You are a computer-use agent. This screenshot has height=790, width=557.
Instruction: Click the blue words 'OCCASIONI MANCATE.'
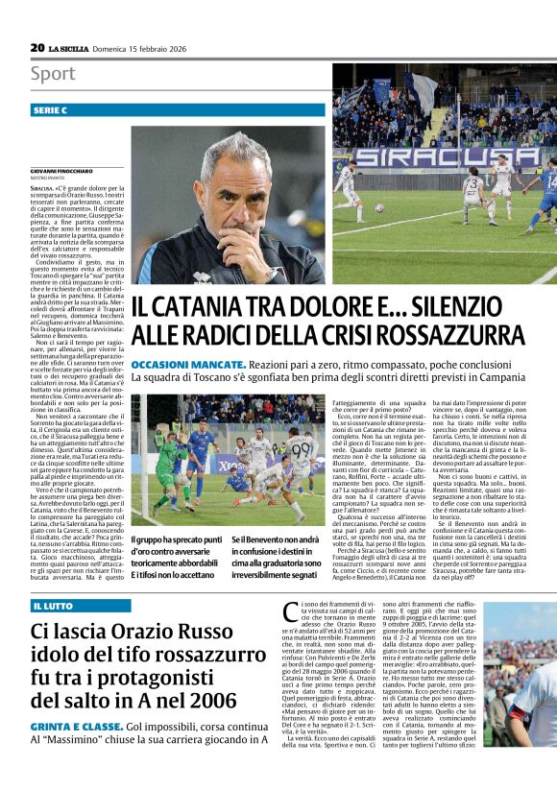pyautogui.click(x=186, y=366)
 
